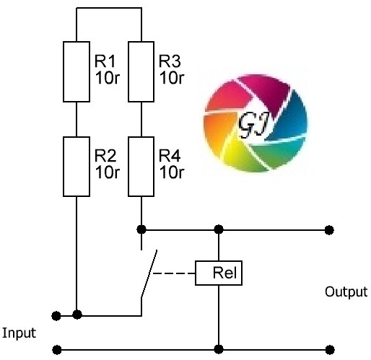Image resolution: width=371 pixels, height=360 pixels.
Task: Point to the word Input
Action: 19,333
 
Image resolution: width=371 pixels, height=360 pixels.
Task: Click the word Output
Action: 346,292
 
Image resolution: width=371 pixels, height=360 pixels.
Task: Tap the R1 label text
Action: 105,61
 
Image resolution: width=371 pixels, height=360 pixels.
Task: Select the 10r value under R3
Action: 172,78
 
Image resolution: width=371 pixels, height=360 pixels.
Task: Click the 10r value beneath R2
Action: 108,172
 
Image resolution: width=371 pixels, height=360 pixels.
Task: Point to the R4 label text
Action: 170,156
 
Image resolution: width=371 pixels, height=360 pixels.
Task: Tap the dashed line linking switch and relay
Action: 174,273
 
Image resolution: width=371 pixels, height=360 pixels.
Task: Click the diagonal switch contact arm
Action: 149,273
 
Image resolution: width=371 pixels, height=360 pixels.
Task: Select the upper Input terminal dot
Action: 56,316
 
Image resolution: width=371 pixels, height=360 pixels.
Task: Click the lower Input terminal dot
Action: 57,350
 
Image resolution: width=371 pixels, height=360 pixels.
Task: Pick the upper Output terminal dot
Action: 329,230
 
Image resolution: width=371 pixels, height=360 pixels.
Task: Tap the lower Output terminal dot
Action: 330,350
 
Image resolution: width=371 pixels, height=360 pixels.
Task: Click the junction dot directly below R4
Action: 141,229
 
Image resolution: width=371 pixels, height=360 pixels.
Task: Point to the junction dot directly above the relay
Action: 219,229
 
